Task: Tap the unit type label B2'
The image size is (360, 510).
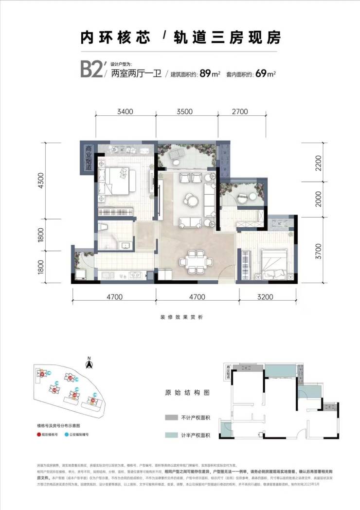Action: pos(92,70)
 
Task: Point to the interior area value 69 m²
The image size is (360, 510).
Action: pos(266,74)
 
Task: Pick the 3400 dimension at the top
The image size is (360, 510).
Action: pos(126,111)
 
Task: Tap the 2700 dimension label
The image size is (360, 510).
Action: pos(240,111)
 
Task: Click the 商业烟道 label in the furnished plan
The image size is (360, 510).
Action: pos(88,157)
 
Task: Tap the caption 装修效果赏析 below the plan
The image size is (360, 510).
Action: pos(180,317)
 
